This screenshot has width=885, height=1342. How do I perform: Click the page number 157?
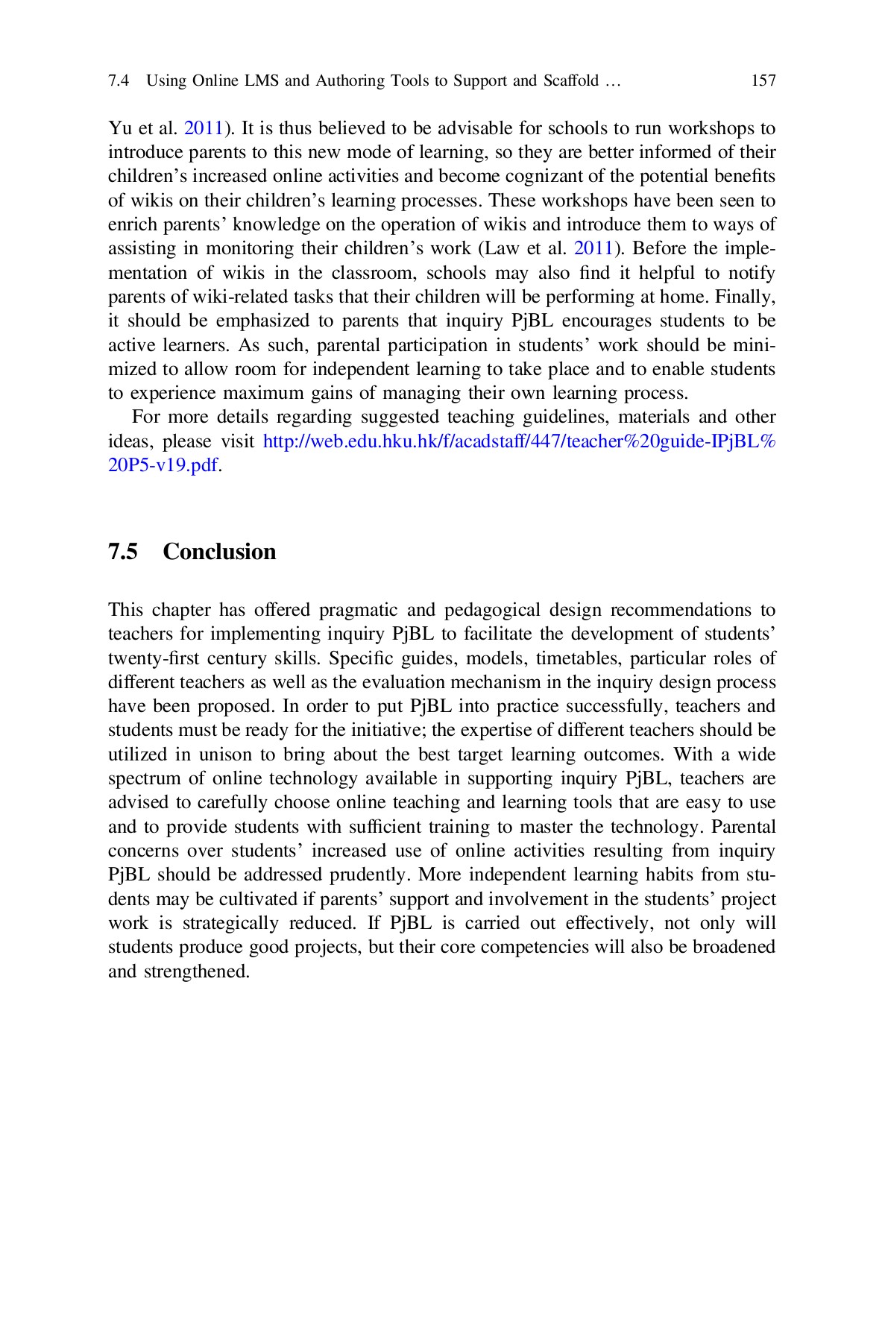(x=763, y=81)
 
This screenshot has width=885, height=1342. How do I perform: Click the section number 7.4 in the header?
(x=119, y=81)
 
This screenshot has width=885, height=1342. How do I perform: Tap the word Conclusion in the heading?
(x=219, y=552)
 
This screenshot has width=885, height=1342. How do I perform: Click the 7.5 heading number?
(x=123, y=552)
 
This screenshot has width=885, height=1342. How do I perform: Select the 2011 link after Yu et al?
(x=204, y=128)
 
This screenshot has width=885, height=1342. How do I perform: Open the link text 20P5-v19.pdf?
(x=163, y=466)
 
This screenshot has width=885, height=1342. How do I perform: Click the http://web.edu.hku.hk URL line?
(x=519, y=441)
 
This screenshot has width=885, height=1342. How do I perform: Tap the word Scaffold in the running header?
(x=571, y=81)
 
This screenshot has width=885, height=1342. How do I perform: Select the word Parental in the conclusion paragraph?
(x=743, y=827)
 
